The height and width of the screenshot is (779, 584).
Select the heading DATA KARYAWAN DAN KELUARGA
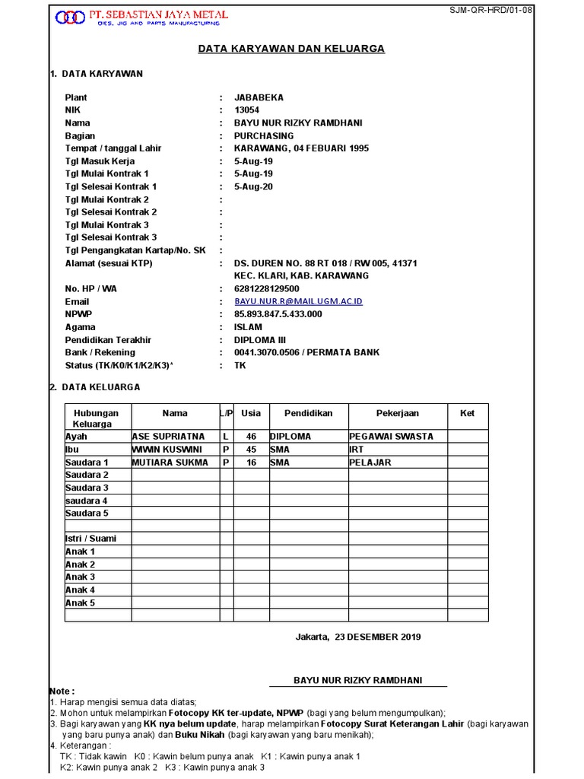[x=291, y=49]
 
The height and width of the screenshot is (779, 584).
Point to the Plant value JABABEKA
[x=259, y=97]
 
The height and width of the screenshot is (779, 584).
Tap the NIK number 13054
[x=246, y=110]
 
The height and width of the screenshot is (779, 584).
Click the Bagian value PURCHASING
[x=263, y=135]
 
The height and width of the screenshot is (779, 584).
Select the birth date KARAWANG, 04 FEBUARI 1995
[x=301, y=148]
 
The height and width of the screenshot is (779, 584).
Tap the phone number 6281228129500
[x=266, y=289]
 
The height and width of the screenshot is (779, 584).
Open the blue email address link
[x=298, y=302]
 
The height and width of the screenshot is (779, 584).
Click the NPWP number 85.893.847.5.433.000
[x=278, y=314]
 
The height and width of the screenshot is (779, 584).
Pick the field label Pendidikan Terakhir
[x=108, y=340]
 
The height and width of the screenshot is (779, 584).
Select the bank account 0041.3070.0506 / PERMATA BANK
[x=306, y=352]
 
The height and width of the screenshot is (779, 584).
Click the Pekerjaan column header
[x=397, y=413]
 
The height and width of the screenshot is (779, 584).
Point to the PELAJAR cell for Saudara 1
[x=372, y=463]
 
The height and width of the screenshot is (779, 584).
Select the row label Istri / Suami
[x=90, y=539]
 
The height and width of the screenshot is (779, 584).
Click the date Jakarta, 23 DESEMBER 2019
[x=357, y=637]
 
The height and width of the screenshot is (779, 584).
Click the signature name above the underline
[x=357, y=679]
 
